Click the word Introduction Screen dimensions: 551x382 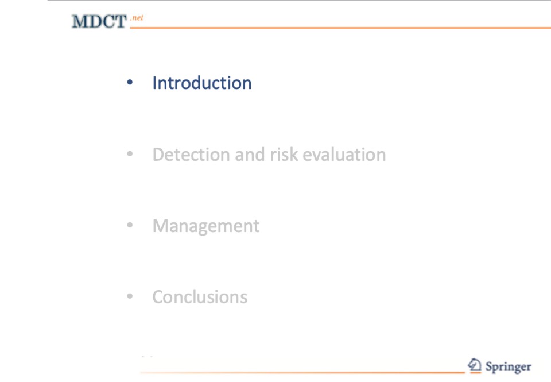tap(201, 83)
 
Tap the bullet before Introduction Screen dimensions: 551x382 tap(130, 82)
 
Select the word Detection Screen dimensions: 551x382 tap(191, 155)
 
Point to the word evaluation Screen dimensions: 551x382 tap(344, 155)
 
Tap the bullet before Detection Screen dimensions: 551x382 tap(130, 154)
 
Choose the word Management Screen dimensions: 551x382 tap(206, 226)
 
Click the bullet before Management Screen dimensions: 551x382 tap(130, 225)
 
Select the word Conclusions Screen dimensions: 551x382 tap(200, 297)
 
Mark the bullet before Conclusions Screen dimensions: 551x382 tap(130, 296)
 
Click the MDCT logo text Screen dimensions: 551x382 tap(99, 21)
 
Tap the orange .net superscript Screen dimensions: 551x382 tap(137, 18)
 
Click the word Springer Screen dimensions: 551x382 tap(508, 367)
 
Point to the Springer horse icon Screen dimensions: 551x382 tap(475, 365)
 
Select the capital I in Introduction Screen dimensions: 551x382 tap(154, 83)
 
